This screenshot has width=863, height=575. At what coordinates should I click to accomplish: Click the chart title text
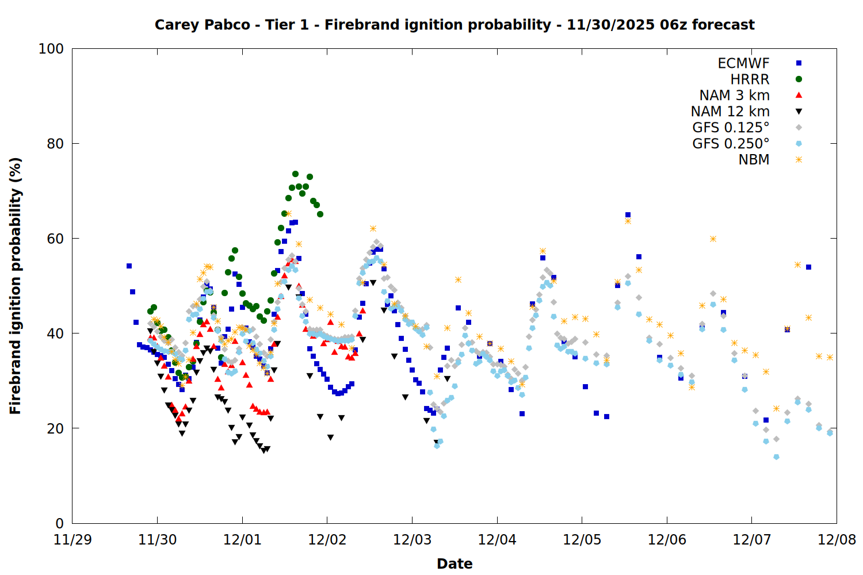click(x=455, y=25)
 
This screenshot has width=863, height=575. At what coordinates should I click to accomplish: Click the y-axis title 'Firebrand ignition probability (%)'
click(x=16, y=286)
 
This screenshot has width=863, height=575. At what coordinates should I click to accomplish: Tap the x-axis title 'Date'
click(x=455, y=563)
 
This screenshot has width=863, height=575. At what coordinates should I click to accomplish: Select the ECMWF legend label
click(x=743, y=63)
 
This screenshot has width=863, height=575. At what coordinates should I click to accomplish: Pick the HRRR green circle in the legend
click(x=799, y=79)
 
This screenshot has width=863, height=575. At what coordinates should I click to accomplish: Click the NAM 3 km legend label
click(x=734, y=95)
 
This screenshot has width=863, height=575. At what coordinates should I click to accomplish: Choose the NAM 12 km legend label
click(x=730, y=112)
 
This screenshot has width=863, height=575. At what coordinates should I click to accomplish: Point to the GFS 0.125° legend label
click(x=731, y=128)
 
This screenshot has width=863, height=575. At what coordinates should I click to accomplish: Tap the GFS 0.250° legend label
click(x=731, y=144)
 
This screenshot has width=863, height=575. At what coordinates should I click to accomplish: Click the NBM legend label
click(x=754, y=160)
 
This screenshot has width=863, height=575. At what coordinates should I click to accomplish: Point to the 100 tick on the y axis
click(x=51, y=49)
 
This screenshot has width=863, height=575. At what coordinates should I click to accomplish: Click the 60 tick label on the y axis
click(x=55, y=239)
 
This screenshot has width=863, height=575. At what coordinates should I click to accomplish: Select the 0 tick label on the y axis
click(x=60, y=523)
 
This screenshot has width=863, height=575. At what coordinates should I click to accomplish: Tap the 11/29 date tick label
click(x=72, y=540)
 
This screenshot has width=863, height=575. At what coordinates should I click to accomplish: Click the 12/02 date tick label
click(x=327, y=540)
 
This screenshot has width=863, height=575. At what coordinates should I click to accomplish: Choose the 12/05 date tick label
click(x=582, y=540)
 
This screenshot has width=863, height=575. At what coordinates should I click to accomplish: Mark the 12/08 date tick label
click(x=837, y=540)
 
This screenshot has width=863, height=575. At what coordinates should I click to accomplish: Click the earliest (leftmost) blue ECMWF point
click(x=129, y=266)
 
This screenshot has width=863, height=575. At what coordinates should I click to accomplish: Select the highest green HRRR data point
click(x=295, y=174)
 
